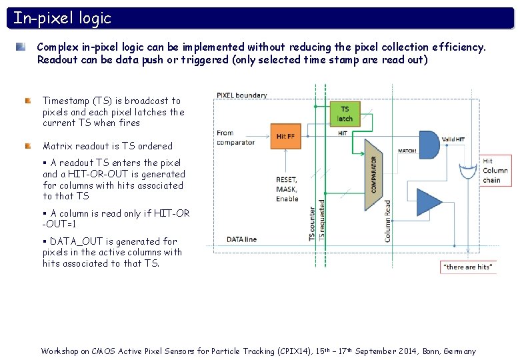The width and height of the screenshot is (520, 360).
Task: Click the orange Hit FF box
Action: coord(285,136)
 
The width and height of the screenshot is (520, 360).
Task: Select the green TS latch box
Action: coord(345,113)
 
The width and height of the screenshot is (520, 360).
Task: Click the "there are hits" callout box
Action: coord(469,267)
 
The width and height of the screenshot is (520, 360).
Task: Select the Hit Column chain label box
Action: coord(495,171)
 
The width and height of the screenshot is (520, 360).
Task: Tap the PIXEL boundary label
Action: coord(242,95)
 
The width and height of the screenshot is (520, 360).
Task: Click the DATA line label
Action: coord(242,238)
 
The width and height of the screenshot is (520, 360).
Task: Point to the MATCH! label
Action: coord(407,150)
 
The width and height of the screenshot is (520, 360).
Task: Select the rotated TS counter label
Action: coord(312,223)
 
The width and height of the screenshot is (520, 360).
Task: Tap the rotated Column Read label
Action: coord(388,221)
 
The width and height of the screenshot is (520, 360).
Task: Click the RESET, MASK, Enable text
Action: coord(287,189)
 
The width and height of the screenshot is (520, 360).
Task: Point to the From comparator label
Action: coord(235,137)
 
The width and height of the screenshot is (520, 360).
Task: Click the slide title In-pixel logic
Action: coord(63,18)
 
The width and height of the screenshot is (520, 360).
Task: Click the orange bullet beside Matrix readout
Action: coord(28,145)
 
